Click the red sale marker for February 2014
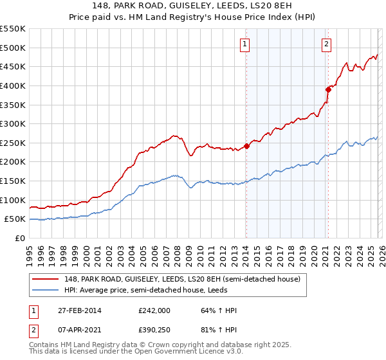click(246, 146)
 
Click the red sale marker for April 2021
click(327, 89)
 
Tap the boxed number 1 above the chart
click(246, 44)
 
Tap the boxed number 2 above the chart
click(327, 44)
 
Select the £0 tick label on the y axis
click(19, 238)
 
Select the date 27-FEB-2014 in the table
click(73, 310)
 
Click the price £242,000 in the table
click(154, 310)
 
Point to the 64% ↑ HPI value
click(218, 310)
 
